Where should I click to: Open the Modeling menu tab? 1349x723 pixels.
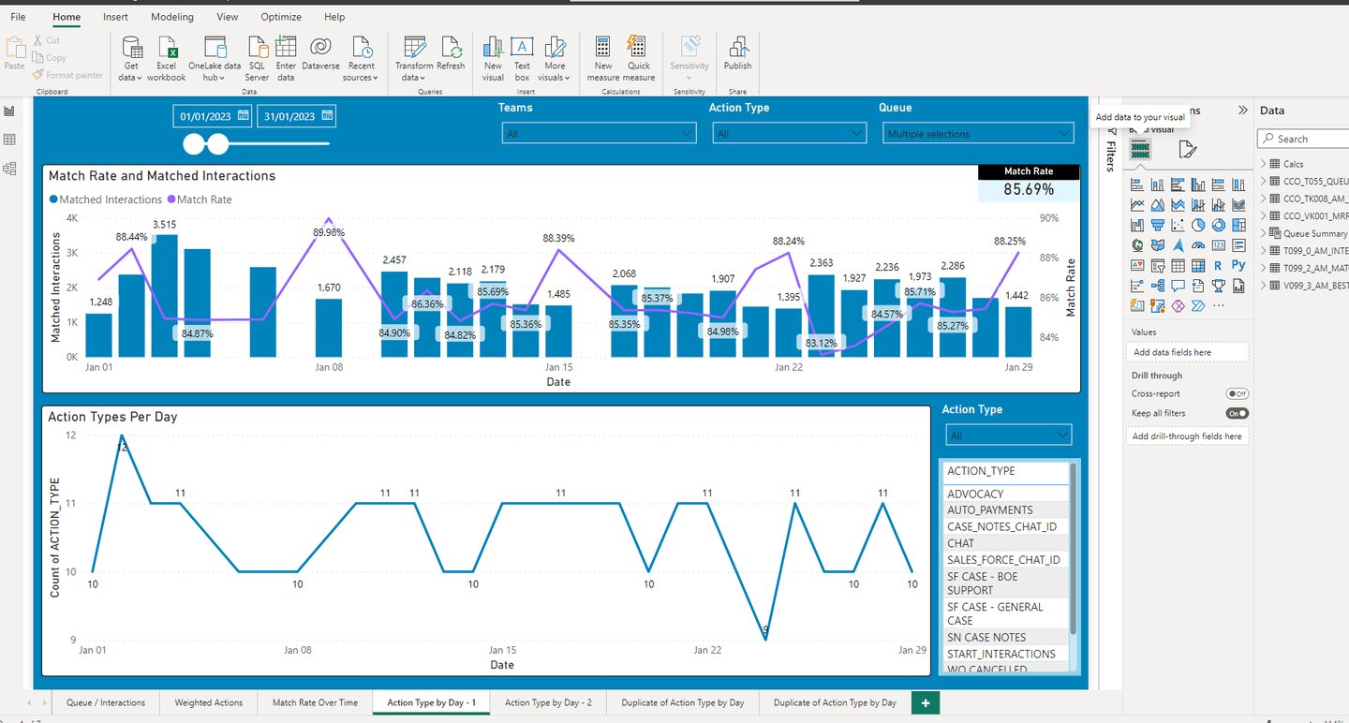(x=171, y=17)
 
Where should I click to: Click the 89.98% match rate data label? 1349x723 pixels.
(x=329, y=232)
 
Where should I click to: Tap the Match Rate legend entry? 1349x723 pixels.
(x=199, y=199)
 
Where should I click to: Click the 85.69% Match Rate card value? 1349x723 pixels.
(x=1029, y=189)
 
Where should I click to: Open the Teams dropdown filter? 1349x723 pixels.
(x=599, y=134)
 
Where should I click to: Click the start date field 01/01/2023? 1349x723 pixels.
(x=205, y=116)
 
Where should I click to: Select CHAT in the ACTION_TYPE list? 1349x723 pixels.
(x=961, y=543)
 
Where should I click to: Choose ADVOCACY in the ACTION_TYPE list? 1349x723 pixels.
(x=975, y=494)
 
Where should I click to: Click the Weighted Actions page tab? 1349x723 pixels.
(x=208, y=702)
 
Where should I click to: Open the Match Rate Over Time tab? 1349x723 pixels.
(x=315, y=702)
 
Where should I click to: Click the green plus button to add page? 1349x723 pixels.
(x=926, y=702)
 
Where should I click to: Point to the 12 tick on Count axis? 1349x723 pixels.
(x=71, y=435)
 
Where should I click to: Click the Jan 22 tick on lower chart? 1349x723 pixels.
(x=707, y=650)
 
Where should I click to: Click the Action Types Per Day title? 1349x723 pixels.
(x=112, y=417)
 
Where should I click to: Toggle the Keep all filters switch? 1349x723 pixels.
(x=1237, y=413)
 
